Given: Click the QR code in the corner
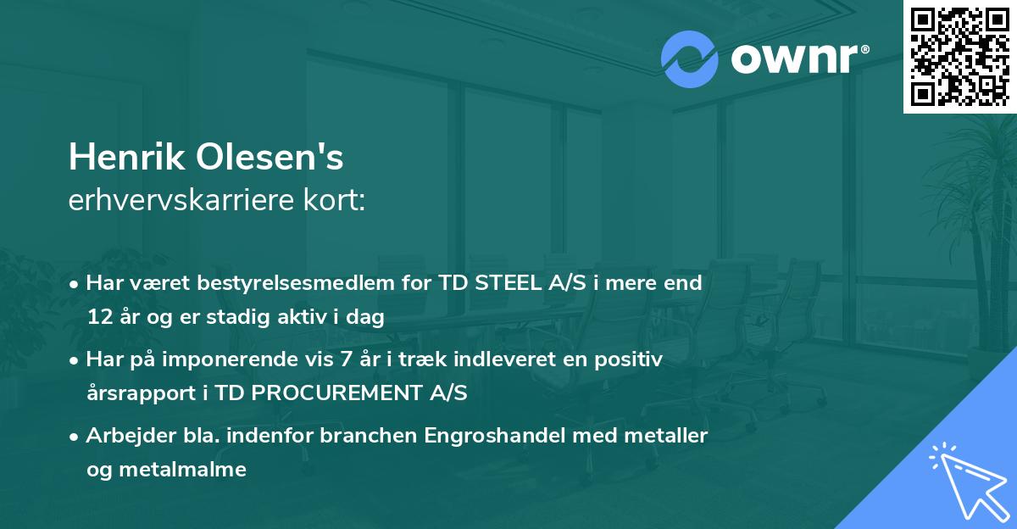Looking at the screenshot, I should [959, 57].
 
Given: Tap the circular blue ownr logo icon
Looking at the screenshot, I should [690, 59].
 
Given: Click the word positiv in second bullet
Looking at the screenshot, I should [631, 359].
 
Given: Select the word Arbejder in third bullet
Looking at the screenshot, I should [124, 436].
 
